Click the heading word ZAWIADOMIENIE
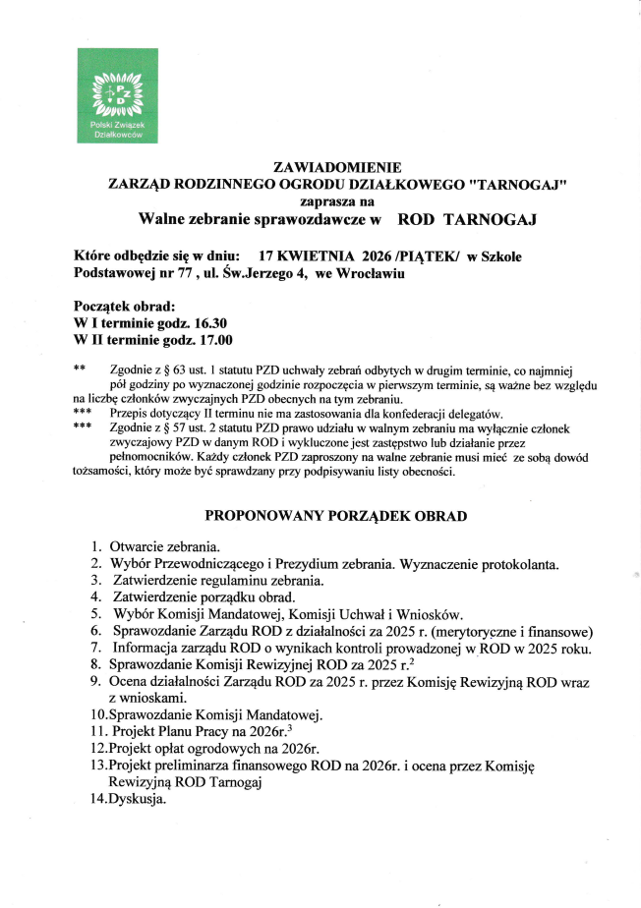point(337,166)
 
